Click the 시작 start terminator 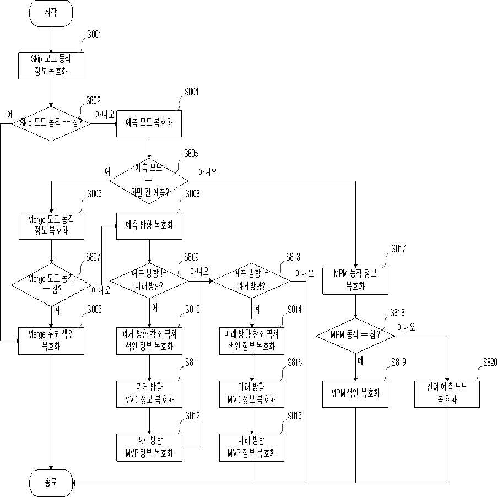51,13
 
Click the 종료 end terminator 51,483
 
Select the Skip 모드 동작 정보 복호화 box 51,66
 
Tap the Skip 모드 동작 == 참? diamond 51,123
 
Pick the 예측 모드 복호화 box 149,123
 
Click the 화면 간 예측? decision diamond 149,181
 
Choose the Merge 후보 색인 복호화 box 51,341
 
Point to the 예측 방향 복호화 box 149,226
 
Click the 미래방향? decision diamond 149,280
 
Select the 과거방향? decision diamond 251,280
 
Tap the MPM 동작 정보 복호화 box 355,281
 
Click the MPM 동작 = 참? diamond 355,336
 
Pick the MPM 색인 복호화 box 355,394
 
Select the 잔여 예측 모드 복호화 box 447,394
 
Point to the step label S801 94,35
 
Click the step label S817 398,249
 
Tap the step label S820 490,362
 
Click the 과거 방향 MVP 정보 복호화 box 149,447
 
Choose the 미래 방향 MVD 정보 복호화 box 252,394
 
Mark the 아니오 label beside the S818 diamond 406,327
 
